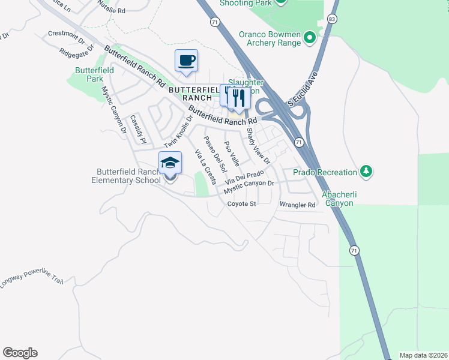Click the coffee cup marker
point(186,61)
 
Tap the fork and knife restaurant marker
point(239,98)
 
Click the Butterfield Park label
point(94,74)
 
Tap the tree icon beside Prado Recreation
point(366,172)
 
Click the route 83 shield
point(332,19)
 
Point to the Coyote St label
point(242,204)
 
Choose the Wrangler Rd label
point(297,205)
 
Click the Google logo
point(20,353)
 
